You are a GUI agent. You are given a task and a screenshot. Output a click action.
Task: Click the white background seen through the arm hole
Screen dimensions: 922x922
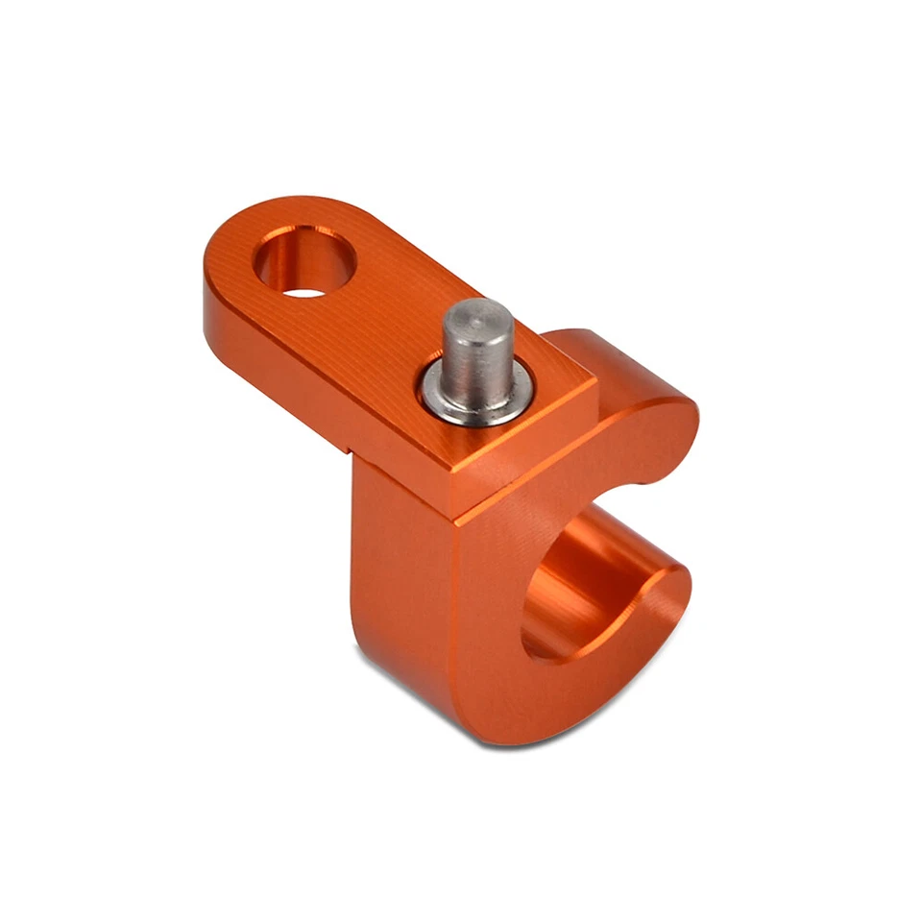click(305, 287)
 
